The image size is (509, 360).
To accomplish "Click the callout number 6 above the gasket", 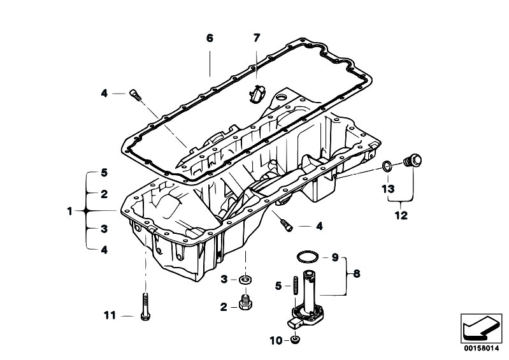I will [x=210, y=38].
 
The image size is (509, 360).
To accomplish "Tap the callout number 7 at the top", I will [x=257, y=38].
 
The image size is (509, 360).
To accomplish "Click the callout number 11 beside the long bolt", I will [x=110, y=315].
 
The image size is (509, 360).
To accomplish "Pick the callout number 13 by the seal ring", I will [x=389, y=189].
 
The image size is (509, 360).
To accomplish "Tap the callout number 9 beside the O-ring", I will [x=334, y=258].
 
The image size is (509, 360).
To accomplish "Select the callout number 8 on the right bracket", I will [x=356, y=274].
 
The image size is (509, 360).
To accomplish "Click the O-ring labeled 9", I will [x=307, y=258].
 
